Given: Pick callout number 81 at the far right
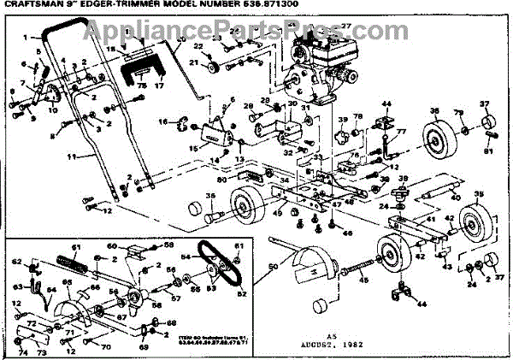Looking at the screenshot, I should point(488,152).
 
